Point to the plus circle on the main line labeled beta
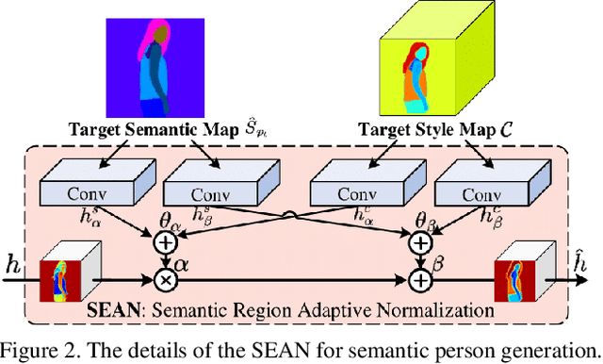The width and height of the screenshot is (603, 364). coord(421,281)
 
